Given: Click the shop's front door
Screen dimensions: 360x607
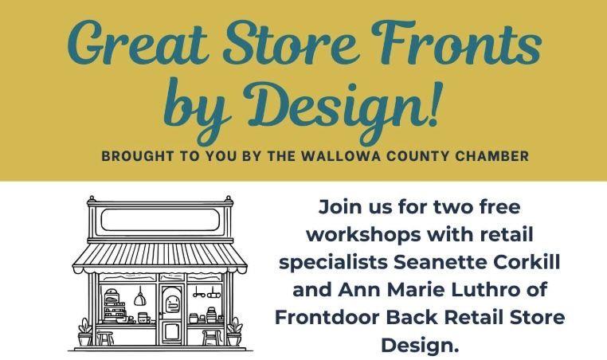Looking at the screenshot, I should click(x=170, y=311).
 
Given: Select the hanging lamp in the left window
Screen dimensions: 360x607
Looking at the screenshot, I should click(x=139, y=295).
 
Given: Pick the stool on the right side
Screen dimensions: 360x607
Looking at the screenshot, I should click(x=210, y=337).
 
